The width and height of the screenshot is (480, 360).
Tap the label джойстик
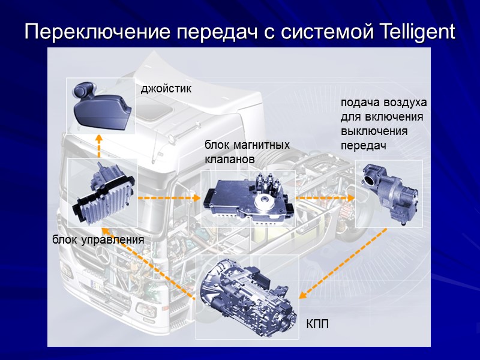tap(166, 89)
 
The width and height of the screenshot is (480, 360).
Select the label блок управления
tap(98, 240)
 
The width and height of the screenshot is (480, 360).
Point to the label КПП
tap(318, 325)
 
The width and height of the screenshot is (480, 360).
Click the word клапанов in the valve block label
tap(230, 160)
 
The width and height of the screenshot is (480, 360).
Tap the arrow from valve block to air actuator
tap(325, 197)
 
